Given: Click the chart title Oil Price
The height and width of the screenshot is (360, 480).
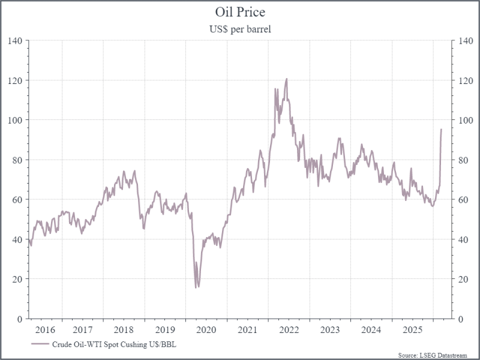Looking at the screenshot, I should click(239, 12).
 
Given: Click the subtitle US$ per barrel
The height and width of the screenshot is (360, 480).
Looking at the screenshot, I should click(239, 28).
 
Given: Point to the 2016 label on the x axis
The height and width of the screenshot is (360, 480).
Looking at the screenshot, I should click(45, 329).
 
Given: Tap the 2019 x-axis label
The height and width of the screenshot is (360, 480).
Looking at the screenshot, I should click(165, 329).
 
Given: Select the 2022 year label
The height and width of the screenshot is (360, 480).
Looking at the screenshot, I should click(289, 329).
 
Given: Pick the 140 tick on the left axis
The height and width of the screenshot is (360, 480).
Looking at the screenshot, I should click(14, 41).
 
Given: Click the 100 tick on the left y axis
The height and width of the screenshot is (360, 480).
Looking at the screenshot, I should click(14, 120).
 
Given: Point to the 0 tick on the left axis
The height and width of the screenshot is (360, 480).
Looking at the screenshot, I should click(19, 319).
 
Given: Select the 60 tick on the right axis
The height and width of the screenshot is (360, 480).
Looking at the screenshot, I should click(463, 199).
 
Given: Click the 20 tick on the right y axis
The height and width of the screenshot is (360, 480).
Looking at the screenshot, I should click(463, 279).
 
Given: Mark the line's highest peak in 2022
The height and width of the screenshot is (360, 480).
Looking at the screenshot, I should click(286, 79).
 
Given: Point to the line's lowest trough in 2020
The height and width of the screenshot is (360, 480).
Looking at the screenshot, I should click(196, 287).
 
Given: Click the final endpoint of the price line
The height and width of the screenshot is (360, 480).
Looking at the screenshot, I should click(442, 129).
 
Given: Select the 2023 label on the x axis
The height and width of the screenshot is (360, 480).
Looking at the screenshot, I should click(330, 329).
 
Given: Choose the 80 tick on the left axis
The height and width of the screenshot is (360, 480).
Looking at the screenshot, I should click(17, 160).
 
